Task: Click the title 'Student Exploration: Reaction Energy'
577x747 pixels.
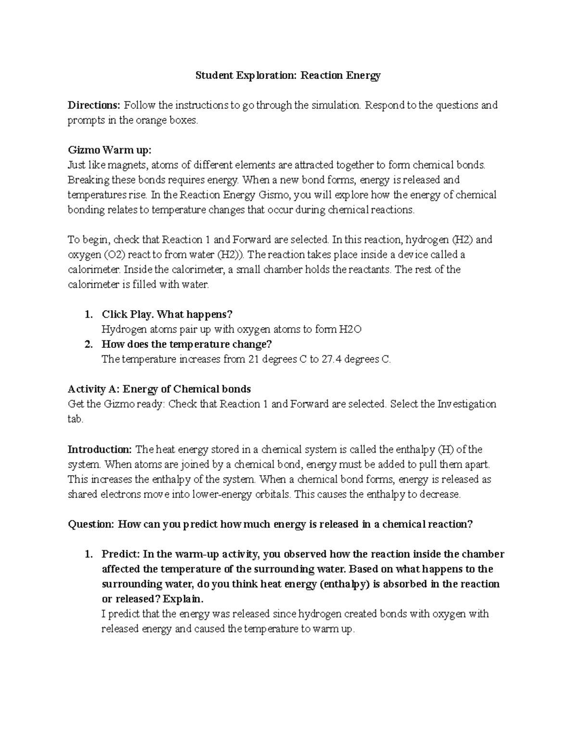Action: click(x=288, y=76)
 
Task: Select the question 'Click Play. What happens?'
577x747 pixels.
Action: click(x=167, y=314)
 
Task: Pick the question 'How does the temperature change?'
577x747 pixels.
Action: click(x=187, y=344)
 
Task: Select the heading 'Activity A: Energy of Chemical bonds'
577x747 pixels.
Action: click(x=159, y=389)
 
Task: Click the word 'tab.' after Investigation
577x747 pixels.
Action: click(x=75, y=419)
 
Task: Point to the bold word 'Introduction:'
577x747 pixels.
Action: click(x=100, y=450)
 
